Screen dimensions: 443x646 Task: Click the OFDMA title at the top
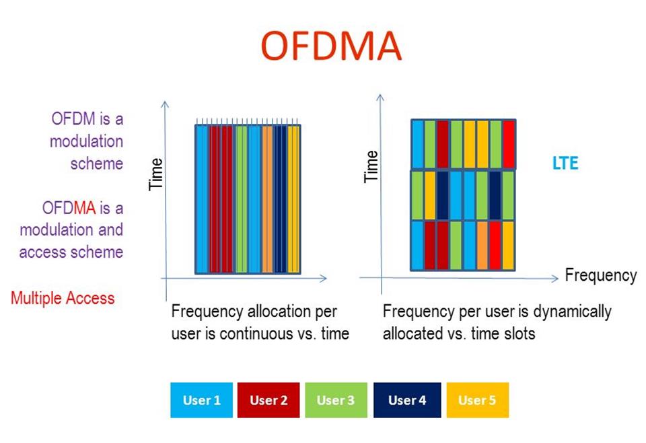(x=330, y=46)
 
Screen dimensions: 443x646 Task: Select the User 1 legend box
(x=201, y=400)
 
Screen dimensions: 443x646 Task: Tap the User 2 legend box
(x=268, y=400)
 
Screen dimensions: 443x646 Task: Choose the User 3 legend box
(x=336, y=400)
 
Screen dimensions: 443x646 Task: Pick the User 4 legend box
(x=407, y=400)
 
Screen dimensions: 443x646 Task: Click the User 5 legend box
(x=477, y=400)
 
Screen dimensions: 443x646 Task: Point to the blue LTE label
(x=564, y=164)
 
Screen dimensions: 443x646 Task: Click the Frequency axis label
(x=600, y=275)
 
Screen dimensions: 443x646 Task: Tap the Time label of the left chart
(x=156, y=174)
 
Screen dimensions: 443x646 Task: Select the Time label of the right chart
(x=371, y=166)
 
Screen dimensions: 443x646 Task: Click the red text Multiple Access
(x=63, y=298)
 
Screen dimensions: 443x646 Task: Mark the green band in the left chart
(x=241, y=199)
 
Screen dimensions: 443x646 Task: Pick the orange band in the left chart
(x=267, y=199)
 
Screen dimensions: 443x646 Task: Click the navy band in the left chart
(x=281, y=199)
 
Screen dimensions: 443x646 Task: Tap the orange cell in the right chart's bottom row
(x=482, y=245)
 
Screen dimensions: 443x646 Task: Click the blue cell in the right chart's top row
(x=417, y=144)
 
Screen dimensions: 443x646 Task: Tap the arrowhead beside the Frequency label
(x=556, y=277)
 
